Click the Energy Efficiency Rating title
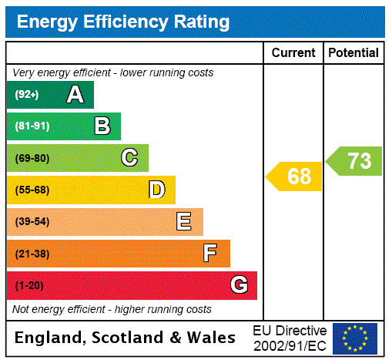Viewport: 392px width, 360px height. pos(122,22)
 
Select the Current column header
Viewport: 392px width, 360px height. pos(293,52)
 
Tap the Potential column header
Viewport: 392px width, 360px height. pos(353,52)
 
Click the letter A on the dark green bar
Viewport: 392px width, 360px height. pos(75,95)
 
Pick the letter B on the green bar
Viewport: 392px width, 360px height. pos(102,126)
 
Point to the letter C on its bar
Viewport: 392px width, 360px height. pos(129,158)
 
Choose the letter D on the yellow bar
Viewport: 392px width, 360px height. pos(157,190)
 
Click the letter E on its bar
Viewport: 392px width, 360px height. pos(184,222)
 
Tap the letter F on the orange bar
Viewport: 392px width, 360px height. pos(210,254)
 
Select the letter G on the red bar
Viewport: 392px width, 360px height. pos(239,285)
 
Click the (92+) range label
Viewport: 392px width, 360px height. pos(27,95)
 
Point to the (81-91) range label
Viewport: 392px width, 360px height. pos(32,126)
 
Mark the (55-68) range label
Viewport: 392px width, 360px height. pos(32,190)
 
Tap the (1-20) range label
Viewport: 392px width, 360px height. pos(29,285)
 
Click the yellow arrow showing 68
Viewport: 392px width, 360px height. pos(295,177)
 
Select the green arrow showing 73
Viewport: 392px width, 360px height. pos(355,161)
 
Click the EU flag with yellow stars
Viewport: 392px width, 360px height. pos(354,338)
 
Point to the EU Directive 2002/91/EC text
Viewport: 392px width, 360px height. pos(290,338)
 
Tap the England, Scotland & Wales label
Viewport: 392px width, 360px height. pos(126,338)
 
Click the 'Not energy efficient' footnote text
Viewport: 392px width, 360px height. pos(112,309)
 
